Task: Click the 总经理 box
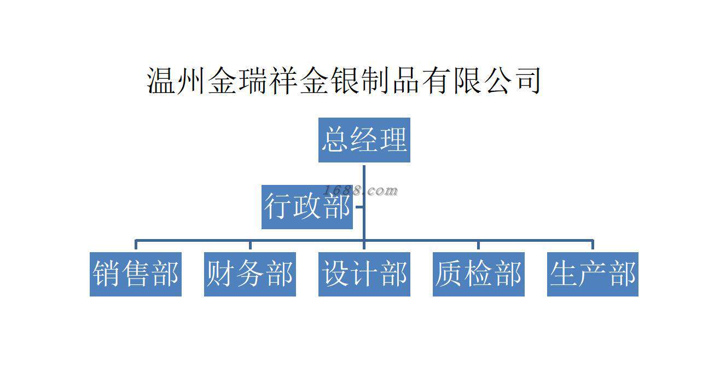pos(364,140)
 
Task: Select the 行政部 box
pos(307,207)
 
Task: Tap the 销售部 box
pos(135,274)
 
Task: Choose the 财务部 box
pos(249,274)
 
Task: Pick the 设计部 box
pos(364,274)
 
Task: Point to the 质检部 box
pos(478,274)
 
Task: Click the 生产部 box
pos(593,274)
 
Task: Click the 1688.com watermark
pos(361,190)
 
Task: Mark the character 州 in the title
pos(192,80)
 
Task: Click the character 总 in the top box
pos(335,140)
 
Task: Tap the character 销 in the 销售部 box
pos(106,274)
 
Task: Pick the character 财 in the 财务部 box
pos(220,274)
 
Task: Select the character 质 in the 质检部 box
pos(449,274)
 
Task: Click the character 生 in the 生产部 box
pos(564,274)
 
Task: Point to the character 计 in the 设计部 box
pos(364,274)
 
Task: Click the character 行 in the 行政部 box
pos(278,207)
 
